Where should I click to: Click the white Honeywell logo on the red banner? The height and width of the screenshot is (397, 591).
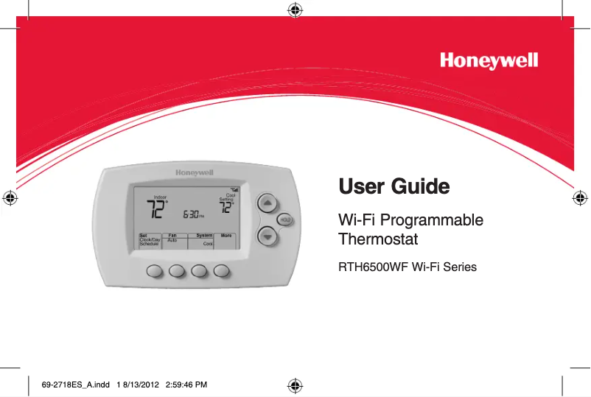click(x=489, y=60)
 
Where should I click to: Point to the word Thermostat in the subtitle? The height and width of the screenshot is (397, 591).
click(x=377, y=239)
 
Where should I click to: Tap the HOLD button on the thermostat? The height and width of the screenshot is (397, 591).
click(x=284, y=219)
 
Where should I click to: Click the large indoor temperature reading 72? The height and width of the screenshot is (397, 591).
click(x=155, y=210)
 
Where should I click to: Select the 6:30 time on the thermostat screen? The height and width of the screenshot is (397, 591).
click(x=192, y=214)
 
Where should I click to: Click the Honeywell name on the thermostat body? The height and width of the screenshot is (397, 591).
click(x=194, y=172)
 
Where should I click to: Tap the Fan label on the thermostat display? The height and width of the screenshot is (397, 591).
click(x=172, y=236)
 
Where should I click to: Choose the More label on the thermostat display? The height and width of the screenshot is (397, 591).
click(x=226, y=236)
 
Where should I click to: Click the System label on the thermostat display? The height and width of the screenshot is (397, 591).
click(x=204, y=236)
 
